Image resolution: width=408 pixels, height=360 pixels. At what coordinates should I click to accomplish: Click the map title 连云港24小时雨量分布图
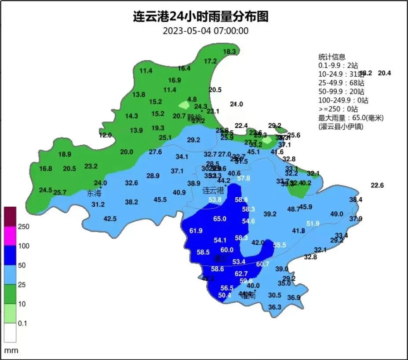pos(200,17)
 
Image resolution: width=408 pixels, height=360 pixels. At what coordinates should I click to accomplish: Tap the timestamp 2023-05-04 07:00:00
pos(206,31)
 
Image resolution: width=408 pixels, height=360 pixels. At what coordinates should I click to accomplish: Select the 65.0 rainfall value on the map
pos(219,219)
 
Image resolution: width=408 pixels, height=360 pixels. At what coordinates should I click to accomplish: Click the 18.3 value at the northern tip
pos(229,51)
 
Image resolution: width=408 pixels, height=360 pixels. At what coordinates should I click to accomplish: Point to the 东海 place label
pos(94,193)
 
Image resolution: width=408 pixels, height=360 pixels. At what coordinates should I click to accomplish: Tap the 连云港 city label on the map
pos(213,191)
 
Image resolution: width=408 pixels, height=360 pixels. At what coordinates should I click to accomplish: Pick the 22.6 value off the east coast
pos(377,185)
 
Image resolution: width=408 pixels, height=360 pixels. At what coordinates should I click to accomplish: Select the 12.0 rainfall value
pos(105,135)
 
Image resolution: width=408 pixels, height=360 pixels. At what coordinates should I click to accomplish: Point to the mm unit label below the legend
pos(11,351)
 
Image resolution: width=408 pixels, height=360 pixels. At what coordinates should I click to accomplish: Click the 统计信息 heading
pos(331,57)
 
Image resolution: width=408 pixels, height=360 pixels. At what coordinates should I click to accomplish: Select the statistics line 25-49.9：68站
pos(341,83)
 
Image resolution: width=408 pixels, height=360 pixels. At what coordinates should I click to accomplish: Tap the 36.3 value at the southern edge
pos(274,307)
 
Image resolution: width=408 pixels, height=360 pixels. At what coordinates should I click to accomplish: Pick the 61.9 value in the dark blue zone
pos(196,231)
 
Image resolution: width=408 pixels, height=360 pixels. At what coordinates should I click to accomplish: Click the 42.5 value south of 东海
pos(110,219)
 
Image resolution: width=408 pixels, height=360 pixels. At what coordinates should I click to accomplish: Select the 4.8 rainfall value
pos(192,99)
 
